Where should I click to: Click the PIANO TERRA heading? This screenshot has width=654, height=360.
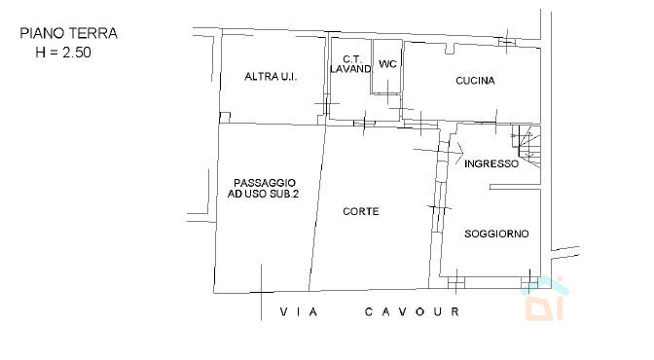click(69, 33)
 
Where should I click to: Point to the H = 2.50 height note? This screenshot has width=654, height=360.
click(63, 53)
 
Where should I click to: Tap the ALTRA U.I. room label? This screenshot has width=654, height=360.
click(271, 77)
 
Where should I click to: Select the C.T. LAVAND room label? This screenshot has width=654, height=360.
click(350, 64)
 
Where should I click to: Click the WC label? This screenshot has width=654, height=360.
click(387, 64)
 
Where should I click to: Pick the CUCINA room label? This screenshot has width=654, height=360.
click(475, 81)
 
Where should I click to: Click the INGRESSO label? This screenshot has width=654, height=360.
click(491, 163)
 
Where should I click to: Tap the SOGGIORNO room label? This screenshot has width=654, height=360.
click(496, 234)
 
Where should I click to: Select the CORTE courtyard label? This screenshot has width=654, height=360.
click(361, 211)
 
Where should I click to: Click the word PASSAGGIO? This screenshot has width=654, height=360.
click(265, 183)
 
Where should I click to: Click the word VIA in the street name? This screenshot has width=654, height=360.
click(299, 311)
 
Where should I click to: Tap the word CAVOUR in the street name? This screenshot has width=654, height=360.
click(412, 311)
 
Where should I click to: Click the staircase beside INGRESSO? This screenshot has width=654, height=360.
click(527, 146)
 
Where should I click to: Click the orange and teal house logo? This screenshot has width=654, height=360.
click(544, 298)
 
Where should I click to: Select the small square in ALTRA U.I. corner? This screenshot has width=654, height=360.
click(225, 117)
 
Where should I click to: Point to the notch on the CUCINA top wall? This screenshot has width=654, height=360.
click(450, 48)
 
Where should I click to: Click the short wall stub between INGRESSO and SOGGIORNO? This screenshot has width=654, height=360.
click(515, 187)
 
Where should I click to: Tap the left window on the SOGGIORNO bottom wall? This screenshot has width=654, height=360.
click(456, 283)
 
